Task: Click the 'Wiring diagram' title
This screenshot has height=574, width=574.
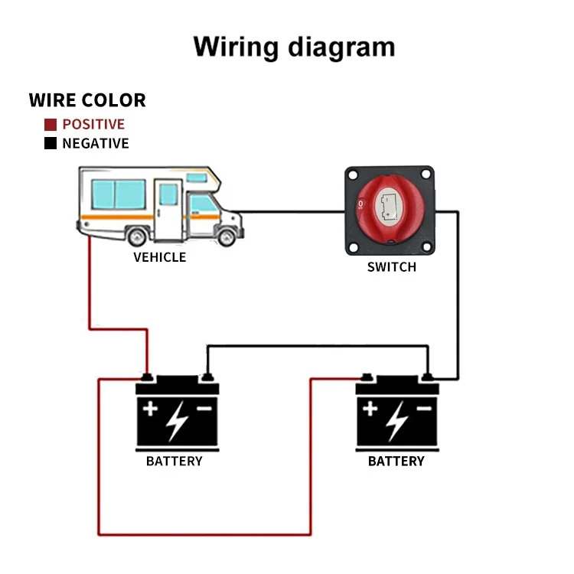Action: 294,47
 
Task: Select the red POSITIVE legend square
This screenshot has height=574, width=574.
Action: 51,124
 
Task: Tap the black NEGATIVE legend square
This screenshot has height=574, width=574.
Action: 51,143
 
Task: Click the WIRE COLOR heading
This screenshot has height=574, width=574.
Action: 86,100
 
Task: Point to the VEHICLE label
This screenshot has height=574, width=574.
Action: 159,257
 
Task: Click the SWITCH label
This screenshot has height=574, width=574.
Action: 391,267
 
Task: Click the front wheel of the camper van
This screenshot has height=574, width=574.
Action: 225,236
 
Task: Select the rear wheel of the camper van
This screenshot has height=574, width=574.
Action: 138,236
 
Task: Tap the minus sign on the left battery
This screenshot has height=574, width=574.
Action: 204,409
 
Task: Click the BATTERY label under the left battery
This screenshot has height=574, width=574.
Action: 174,461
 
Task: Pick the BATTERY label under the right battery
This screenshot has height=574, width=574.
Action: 396,461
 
